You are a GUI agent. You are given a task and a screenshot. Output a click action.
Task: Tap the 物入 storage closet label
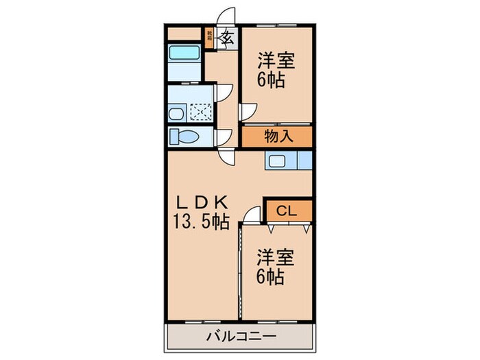coord(277,136)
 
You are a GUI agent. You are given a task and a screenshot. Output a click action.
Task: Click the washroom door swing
coord(224,93)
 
